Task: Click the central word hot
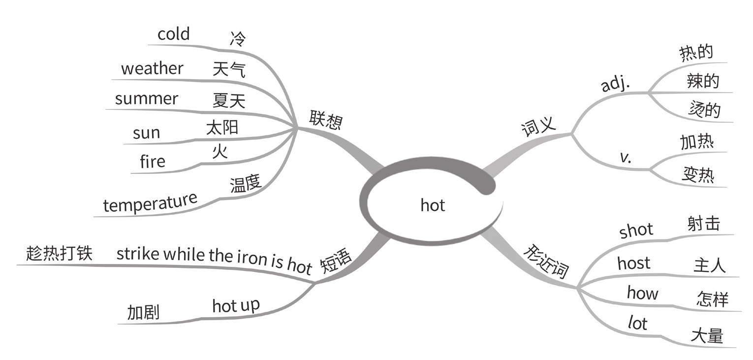(433, 205)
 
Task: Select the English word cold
(173, 34)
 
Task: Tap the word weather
(152, 68)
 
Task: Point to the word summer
(146, 98)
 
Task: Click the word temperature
(150, 203)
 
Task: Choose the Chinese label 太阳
(222, 128)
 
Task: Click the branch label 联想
(325, 120)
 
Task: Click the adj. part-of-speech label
(616, 85)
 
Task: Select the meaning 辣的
(703, 81)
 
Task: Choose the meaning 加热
(697, 142)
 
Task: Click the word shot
(636, 230)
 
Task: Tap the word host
(634, 263)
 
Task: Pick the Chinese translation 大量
(707, 336)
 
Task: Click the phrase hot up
(236, 306)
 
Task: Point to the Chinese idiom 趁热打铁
(59, 253)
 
